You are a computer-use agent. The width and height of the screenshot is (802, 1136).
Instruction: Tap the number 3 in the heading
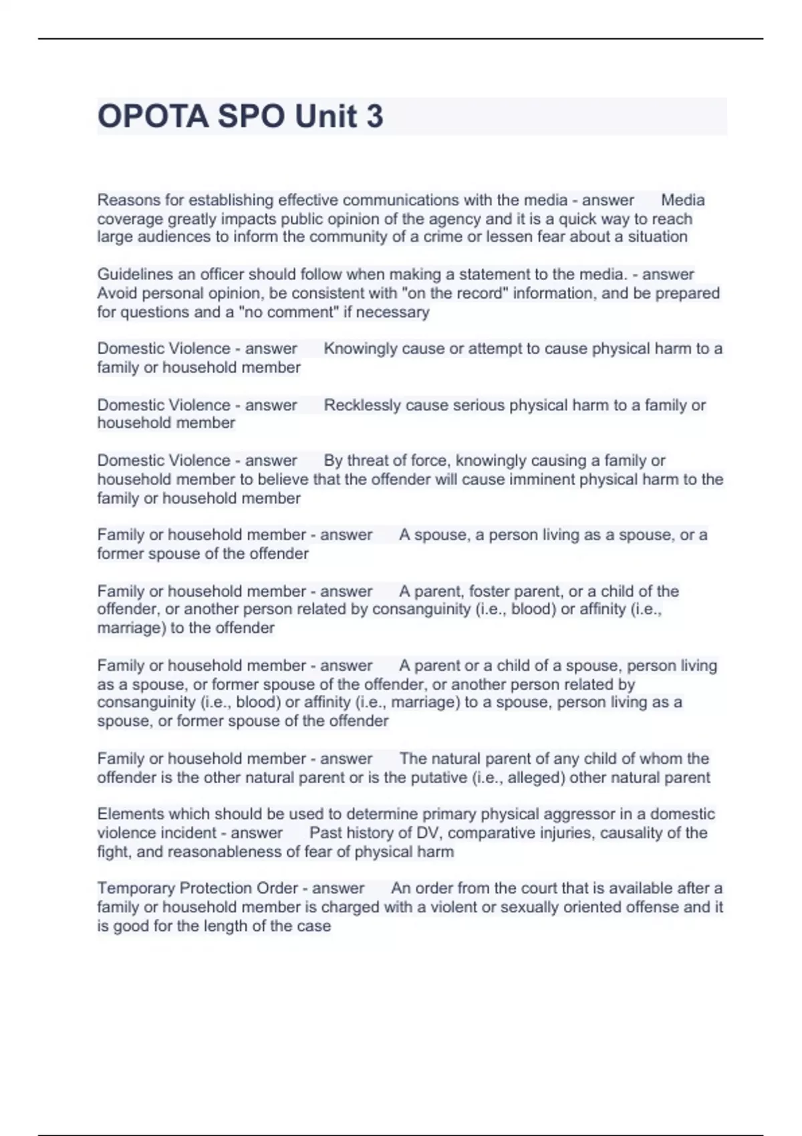[374, 116]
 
